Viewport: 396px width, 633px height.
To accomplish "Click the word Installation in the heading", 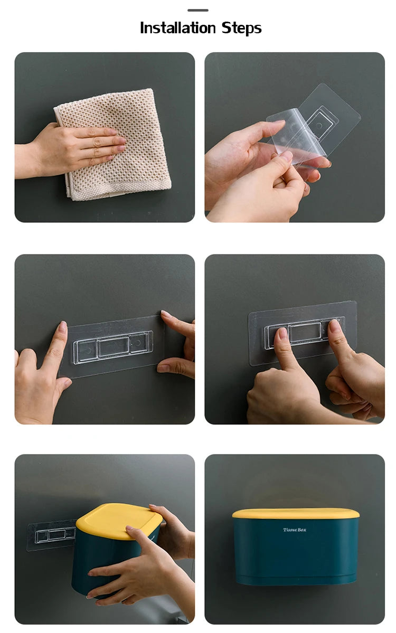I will (x=177, y=28).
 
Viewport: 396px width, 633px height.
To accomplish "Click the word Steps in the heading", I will (x=241, y=29).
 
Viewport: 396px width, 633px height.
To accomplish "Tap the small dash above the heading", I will (x=197, y=10).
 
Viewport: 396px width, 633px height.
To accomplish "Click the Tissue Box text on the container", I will (x=294, y=530).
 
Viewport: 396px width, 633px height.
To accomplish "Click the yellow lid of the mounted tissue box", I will (x=296, y=513).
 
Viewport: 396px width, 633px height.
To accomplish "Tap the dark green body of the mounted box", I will (x=296, y=554).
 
